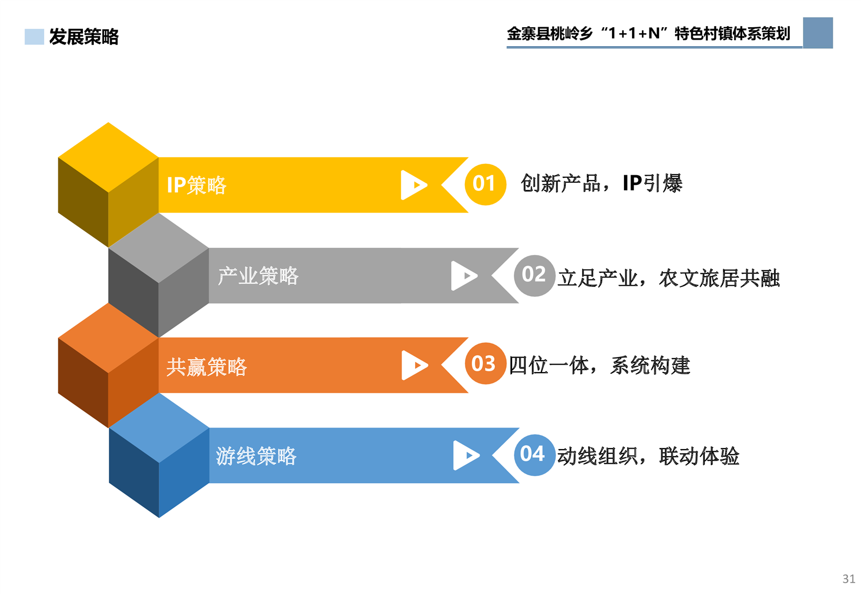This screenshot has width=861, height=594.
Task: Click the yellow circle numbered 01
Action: pyautogui.click(x=485, y=184)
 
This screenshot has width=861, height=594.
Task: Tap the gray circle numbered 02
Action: pyautogui.click(x=534, y=276)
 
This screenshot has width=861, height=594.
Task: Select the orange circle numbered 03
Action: pyautogui.click(x=485, y=363)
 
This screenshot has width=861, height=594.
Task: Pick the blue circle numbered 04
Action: pyautogui.click(x=534, y=455)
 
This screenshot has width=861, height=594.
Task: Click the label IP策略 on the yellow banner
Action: pyautogui.click(x=196, y=185)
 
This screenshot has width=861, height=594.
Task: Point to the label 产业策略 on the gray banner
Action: pyautogui.click(x=258, y=276)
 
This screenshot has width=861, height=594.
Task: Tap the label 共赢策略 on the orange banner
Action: pyautogui.click(x=206, y=367)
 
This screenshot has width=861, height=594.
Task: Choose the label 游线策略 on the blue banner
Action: pyautogui.click(x=256, y=456)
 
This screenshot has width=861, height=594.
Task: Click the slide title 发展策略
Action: pyautogui.click(x=84, y=37)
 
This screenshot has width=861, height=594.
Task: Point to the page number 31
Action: pyautogui.click(x=849, y=579)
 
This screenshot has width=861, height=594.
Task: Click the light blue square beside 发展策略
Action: pyautogui.click(x=34, y=37)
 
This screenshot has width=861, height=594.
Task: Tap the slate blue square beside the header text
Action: pyautogui.click(x=818, y=33)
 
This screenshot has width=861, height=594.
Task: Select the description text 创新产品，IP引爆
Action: pyautogui.click(x=602, y=183)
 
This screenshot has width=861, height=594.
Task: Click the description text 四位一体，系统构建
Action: pyautogui.click(x=599, y=365)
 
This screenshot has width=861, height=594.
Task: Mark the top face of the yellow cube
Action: pyautogui.click(x=109, y=157)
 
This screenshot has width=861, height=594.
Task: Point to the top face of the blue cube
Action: pyautogui.click(x=159, y=427)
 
